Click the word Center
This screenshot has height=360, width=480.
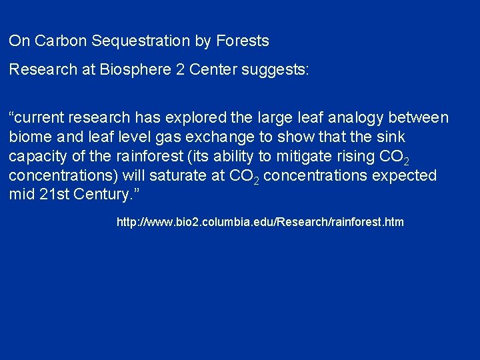[x=221, y=70]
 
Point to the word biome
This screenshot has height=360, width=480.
[x=29, y=137]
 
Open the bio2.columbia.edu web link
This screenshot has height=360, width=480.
[x=260, y=222]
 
